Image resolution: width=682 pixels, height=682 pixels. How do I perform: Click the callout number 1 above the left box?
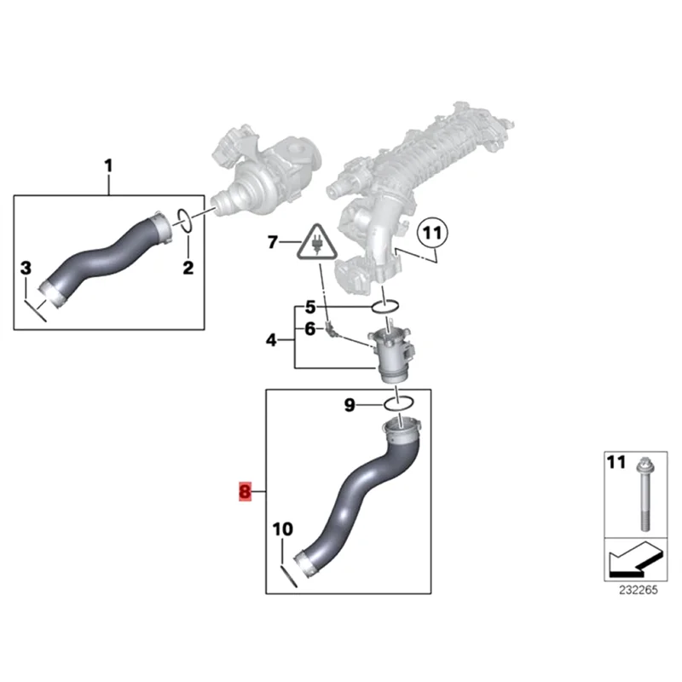(108, 164)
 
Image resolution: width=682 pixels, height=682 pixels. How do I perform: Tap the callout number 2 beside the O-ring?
(188, 269)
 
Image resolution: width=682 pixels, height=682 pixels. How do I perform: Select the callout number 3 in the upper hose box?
(26, 269)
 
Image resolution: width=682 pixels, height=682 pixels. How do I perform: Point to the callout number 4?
(271, 340)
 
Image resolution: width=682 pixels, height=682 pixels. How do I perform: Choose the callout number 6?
(310, 328)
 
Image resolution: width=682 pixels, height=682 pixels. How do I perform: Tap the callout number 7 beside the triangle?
(273, 243)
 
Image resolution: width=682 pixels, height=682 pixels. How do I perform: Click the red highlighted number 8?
(246, 491)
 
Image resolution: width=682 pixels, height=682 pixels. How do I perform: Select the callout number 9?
(349, 406)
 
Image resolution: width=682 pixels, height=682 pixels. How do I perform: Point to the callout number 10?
(282, 529)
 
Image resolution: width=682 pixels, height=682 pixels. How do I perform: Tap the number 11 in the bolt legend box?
(615, 463)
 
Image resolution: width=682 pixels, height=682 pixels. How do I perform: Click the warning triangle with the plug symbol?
(315, 242)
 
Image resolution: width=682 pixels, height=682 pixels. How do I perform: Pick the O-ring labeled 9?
(402, 403)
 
